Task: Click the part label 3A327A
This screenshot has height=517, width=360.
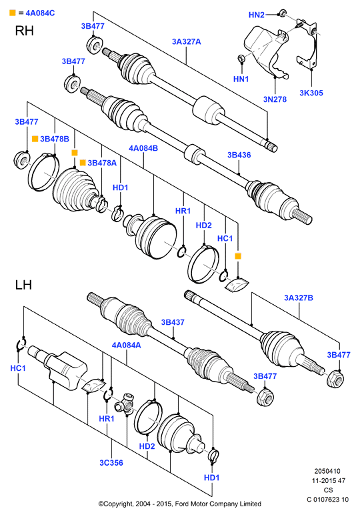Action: click(186, 41)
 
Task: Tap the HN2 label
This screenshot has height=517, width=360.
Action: click(256, 15)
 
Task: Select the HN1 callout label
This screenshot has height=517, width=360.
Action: click(241, 79)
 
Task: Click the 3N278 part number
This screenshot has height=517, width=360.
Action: click(275, 99)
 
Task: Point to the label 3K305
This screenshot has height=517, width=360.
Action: click(311, 93)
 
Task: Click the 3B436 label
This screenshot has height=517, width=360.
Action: click(239, 155)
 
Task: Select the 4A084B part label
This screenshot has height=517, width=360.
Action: click(143, 148)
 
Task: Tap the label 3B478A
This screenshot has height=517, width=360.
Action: click(102, 163)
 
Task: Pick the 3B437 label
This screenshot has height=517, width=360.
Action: click(173, 322)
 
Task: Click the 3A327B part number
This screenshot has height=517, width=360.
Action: click(299, 298)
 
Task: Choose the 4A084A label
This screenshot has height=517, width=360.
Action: click(126, 345)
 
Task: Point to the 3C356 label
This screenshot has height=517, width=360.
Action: click(111, 462)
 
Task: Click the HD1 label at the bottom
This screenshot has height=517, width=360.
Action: click(211, 478)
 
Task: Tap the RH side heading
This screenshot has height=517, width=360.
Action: click(25, 31)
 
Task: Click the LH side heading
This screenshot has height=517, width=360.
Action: click(23, 285)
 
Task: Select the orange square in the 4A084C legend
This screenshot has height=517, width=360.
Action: click(13, 13)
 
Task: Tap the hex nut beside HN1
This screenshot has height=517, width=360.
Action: click(241, 58)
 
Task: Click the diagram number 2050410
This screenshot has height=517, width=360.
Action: click(327, 471)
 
